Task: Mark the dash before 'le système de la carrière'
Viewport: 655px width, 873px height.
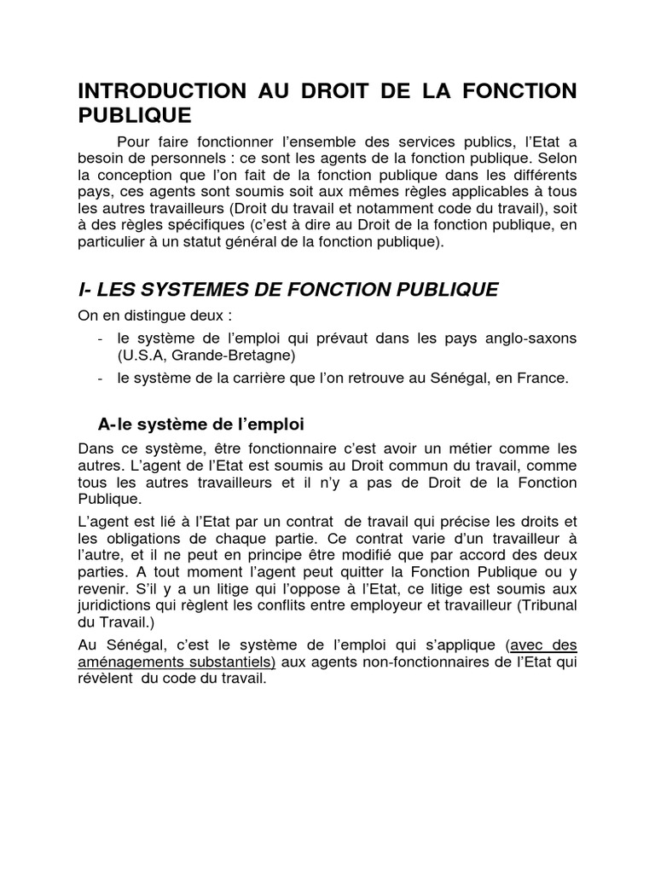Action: [101, 378]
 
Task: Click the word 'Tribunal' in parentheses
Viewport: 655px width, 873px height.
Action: [548, 605]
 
